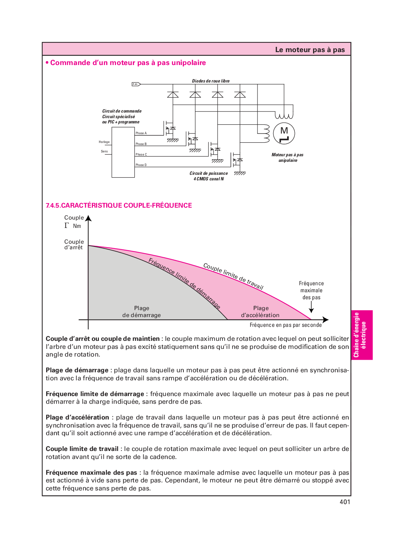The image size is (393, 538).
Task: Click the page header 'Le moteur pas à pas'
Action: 310,50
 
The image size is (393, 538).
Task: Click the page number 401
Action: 344,502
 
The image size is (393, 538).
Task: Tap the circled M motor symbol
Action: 284,134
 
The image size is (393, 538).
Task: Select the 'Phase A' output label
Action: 141,133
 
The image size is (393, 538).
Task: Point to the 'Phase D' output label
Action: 141,165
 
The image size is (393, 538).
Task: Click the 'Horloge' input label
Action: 104,142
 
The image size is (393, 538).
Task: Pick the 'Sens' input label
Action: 104,151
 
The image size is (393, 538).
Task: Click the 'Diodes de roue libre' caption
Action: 211,81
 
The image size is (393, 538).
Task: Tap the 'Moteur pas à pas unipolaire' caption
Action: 288,158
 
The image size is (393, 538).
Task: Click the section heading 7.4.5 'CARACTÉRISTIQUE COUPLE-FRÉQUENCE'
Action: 119,205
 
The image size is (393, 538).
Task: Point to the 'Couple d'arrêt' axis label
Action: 74,244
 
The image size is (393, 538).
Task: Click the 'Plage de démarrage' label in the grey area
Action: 141,311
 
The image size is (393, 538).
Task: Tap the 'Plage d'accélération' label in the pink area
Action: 260,311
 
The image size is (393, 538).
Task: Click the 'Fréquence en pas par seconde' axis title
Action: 285,325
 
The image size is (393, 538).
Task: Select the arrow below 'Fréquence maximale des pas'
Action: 311,308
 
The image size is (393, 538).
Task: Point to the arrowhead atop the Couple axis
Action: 88,218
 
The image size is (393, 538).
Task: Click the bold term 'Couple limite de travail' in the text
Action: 82,449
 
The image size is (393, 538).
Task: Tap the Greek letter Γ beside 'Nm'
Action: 67,225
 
